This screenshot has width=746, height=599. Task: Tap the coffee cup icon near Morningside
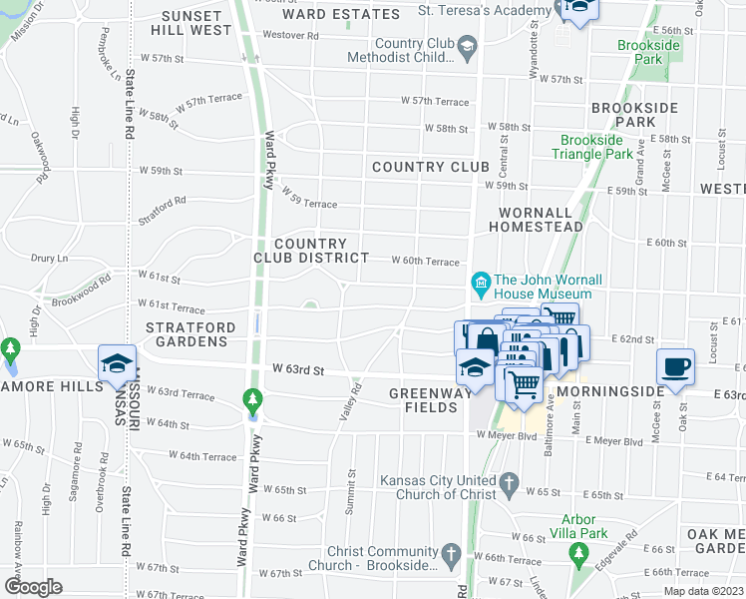[675, 365]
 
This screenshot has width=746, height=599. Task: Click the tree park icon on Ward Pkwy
[252, 401]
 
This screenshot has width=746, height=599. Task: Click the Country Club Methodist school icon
[464, 46]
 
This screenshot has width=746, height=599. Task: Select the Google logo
[33, 587]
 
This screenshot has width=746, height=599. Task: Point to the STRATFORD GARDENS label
[191, 334]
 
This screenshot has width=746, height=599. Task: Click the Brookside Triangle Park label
[595, 147]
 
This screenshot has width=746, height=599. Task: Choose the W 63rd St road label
[298, 370]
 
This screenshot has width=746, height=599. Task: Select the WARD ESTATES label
[340, 14]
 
